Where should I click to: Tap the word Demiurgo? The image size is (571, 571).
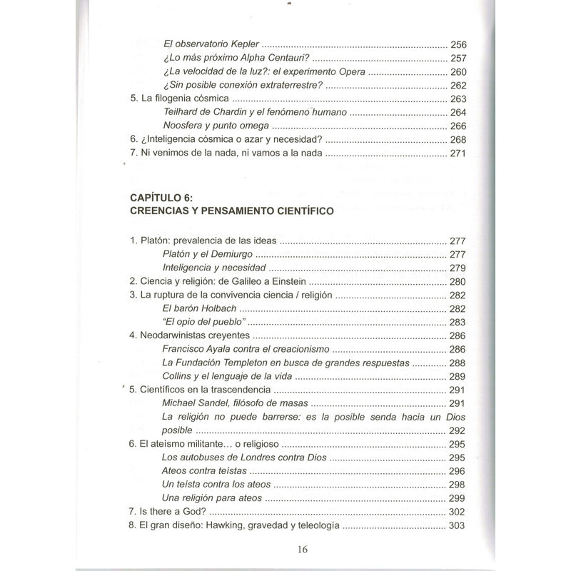[x=237, y=254]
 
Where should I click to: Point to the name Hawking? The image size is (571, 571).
[x=236, y=527]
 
